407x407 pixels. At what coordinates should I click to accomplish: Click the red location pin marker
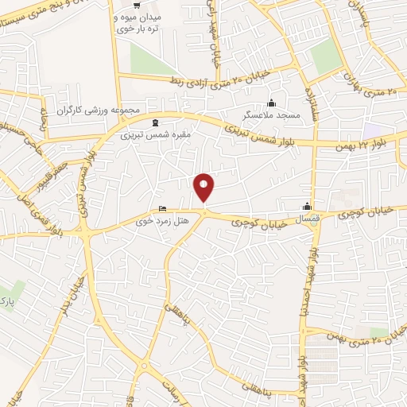point(204,187)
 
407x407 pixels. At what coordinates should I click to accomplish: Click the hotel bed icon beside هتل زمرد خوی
point(163,210)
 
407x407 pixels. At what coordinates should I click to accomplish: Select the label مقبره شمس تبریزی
point(157,135)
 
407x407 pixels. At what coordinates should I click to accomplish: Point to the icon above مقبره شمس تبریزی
point(153,122)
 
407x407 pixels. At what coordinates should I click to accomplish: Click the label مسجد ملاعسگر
point(273,116)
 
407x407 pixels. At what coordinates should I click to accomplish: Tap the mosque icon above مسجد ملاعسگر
point(272,103)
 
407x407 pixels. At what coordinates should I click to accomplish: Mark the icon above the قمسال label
point(306,204)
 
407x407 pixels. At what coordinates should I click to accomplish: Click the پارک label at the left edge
point(6,298)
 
